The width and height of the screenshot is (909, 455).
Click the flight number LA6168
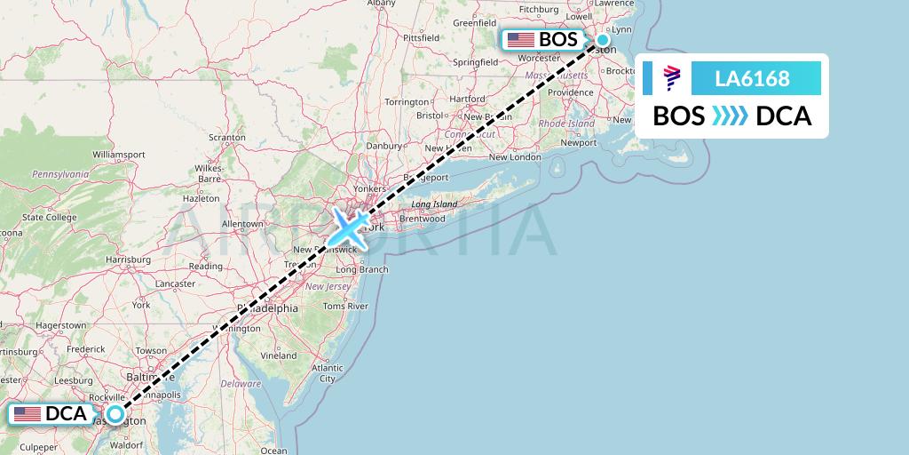(752, 78)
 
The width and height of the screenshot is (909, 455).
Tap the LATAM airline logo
(672, 78)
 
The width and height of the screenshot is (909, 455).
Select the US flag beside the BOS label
(520, 40)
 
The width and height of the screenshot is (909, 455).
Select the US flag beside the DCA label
(28, 414)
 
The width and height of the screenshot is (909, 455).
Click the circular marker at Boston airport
(603, 39)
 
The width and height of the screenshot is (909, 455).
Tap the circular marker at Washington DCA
(115, 413)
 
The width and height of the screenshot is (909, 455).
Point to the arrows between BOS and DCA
(730, 116)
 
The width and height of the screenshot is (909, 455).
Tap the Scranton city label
(226, 138)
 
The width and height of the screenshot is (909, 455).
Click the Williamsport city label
(118, 154)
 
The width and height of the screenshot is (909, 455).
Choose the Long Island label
(433, 204)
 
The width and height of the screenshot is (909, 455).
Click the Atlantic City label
(328, 372)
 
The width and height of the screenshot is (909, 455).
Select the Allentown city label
(242, 223)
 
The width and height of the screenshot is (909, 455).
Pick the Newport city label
(579, 142)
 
